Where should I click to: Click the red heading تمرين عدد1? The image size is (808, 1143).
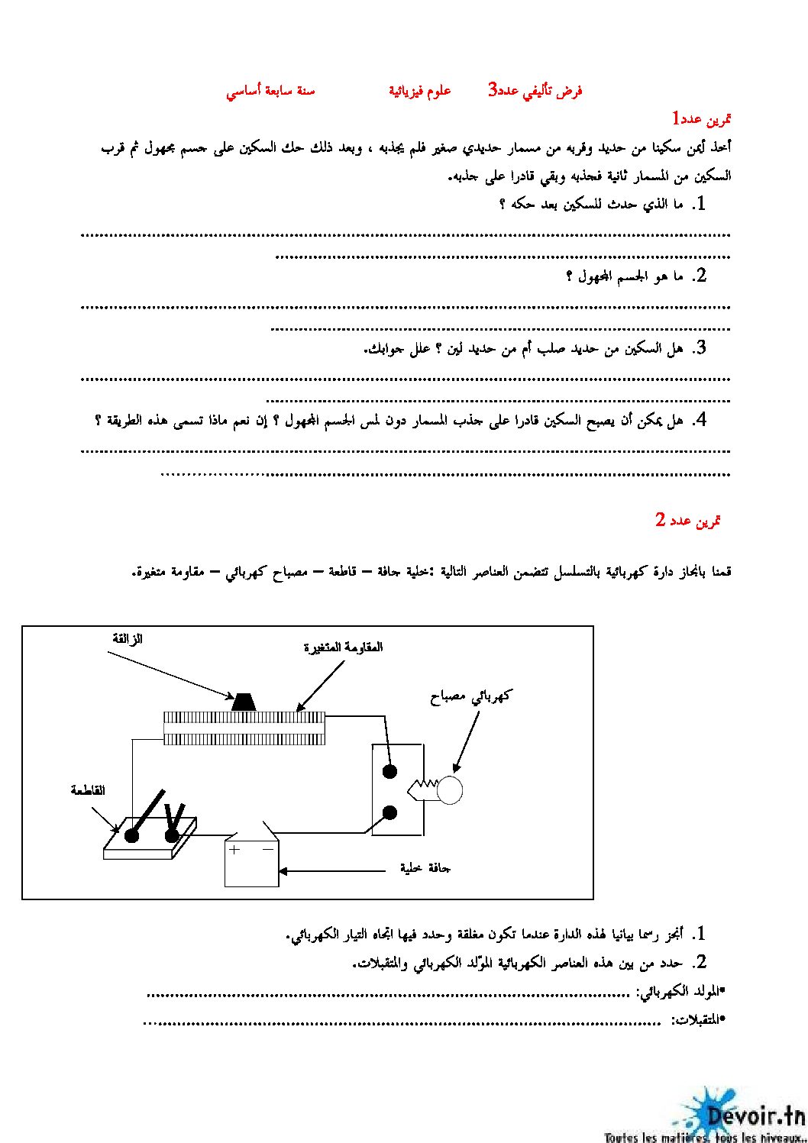click(701, 119)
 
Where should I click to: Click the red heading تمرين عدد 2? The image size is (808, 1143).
click(687, 521)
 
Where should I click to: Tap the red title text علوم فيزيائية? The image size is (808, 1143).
click(419, 91)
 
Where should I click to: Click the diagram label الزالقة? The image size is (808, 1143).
click(128, 639)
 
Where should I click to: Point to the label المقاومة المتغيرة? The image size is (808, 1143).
click(343, 647)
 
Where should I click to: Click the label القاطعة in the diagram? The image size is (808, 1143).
click(88, 790)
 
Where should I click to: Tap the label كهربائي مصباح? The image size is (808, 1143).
click(470, 696)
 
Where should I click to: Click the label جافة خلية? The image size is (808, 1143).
click(425, 868)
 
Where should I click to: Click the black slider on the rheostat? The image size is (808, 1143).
click(244, 702)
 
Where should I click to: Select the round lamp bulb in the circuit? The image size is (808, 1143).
click(450, 789)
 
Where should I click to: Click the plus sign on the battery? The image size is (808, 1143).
click(234, 849)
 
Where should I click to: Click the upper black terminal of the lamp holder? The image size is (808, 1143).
click(389, 771)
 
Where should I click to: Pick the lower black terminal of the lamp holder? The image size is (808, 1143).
click(389, 812)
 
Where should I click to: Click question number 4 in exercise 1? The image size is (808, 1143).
click(699, 420)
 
